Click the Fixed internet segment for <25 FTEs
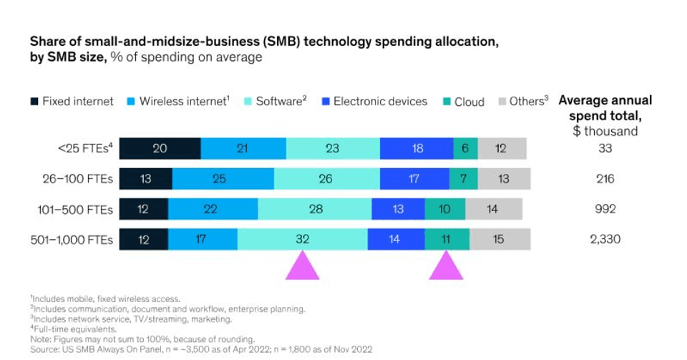pos(160,148)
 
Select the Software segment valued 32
pos(303,240)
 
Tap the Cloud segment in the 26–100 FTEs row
pos(463,179)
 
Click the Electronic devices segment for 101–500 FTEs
pos(398,209)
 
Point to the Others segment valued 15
pos(500,240)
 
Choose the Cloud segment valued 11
pos(447,240)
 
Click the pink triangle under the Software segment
pos(302,266)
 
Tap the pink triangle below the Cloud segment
pos(447,266)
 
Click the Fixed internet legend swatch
pos(34,102)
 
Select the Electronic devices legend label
pos(380,102)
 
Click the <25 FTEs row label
pos(84,148)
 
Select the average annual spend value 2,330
pos(605,240)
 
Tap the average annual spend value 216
pos(605,179)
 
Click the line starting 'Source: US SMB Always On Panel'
pos(201,349)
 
